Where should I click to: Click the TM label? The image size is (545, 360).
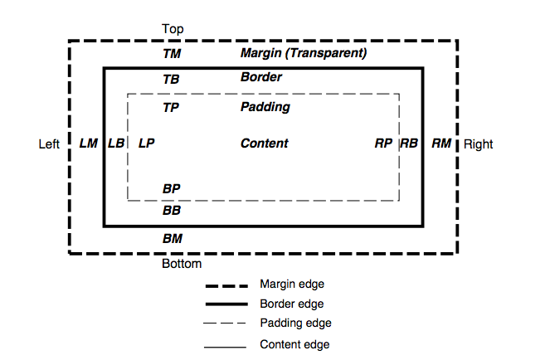[x=172, y=54]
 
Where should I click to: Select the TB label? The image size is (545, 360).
[x=171, y=80]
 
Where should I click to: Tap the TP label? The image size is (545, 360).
[x=171, y=107]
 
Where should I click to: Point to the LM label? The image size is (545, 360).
[x=88, y=144]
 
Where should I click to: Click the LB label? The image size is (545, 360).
[x=116, y=144]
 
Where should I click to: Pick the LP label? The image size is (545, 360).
[x=146, y=144]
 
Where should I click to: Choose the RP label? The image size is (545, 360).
[x=382, y=144]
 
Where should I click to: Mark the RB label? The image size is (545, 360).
[x=409, y=144]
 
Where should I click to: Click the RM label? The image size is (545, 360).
[x=441, y=144]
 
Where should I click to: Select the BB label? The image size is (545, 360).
[x=172, y=211]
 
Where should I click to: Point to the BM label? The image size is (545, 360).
[x=172, y=238]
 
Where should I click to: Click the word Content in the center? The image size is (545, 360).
[x=264, y=144]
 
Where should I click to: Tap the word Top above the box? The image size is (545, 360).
[x=173, y=29]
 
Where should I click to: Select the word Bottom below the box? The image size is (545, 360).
[x=182, y=264]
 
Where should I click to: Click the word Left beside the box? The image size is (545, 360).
[x=49, y=144]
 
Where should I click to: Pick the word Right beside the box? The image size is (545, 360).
[x=478, y=144]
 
